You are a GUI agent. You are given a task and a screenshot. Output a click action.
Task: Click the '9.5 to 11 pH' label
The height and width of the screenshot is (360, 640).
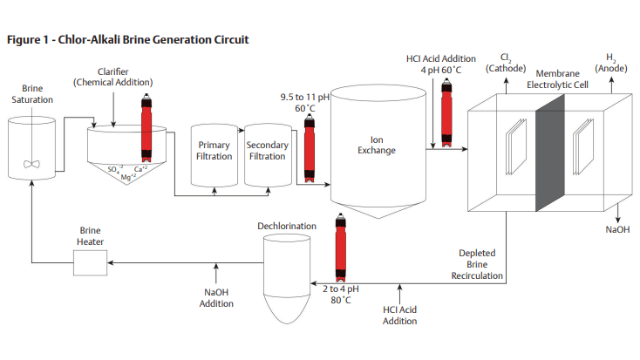[303, 97]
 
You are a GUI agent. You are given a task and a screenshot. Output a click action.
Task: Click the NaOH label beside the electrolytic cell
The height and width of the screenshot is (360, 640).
[616, 230]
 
